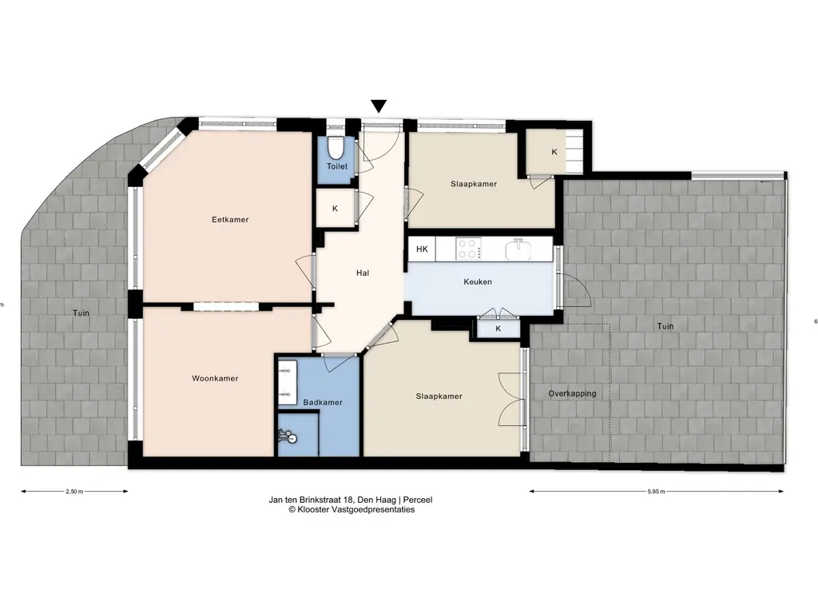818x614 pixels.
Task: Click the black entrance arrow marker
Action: [379, 106]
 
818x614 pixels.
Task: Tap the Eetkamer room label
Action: [230, 220]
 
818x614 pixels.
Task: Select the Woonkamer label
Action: [215, 378]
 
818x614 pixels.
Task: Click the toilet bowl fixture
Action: [335, 147]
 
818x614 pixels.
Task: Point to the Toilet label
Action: [337, 166]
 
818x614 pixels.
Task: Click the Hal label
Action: [363, 273]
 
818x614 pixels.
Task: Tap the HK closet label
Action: [422, 249]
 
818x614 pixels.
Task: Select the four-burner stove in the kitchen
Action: [468, 249]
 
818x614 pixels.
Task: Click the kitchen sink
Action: [518, 249]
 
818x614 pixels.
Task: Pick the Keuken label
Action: [478, 282]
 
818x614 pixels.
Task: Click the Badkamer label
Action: [323, 403]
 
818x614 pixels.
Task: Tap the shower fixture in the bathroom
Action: [287, 436]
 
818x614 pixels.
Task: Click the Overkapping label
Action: [572, 393]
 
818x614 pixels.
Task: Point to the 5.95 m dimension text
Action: [657, 492]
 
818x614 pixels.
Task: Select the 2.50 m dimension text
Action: [74, 492]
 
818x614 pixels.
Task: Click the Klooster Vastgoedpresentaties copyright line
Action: [351, 509]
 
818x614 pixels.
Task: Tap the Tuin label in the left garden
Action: [81, 313]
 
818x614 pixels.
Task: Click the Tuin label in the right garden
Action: [665, 326]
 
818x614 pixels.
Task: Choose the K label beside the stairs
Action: [554, 152]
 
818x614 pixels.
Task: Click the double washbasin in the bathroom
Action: [287, 383]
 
